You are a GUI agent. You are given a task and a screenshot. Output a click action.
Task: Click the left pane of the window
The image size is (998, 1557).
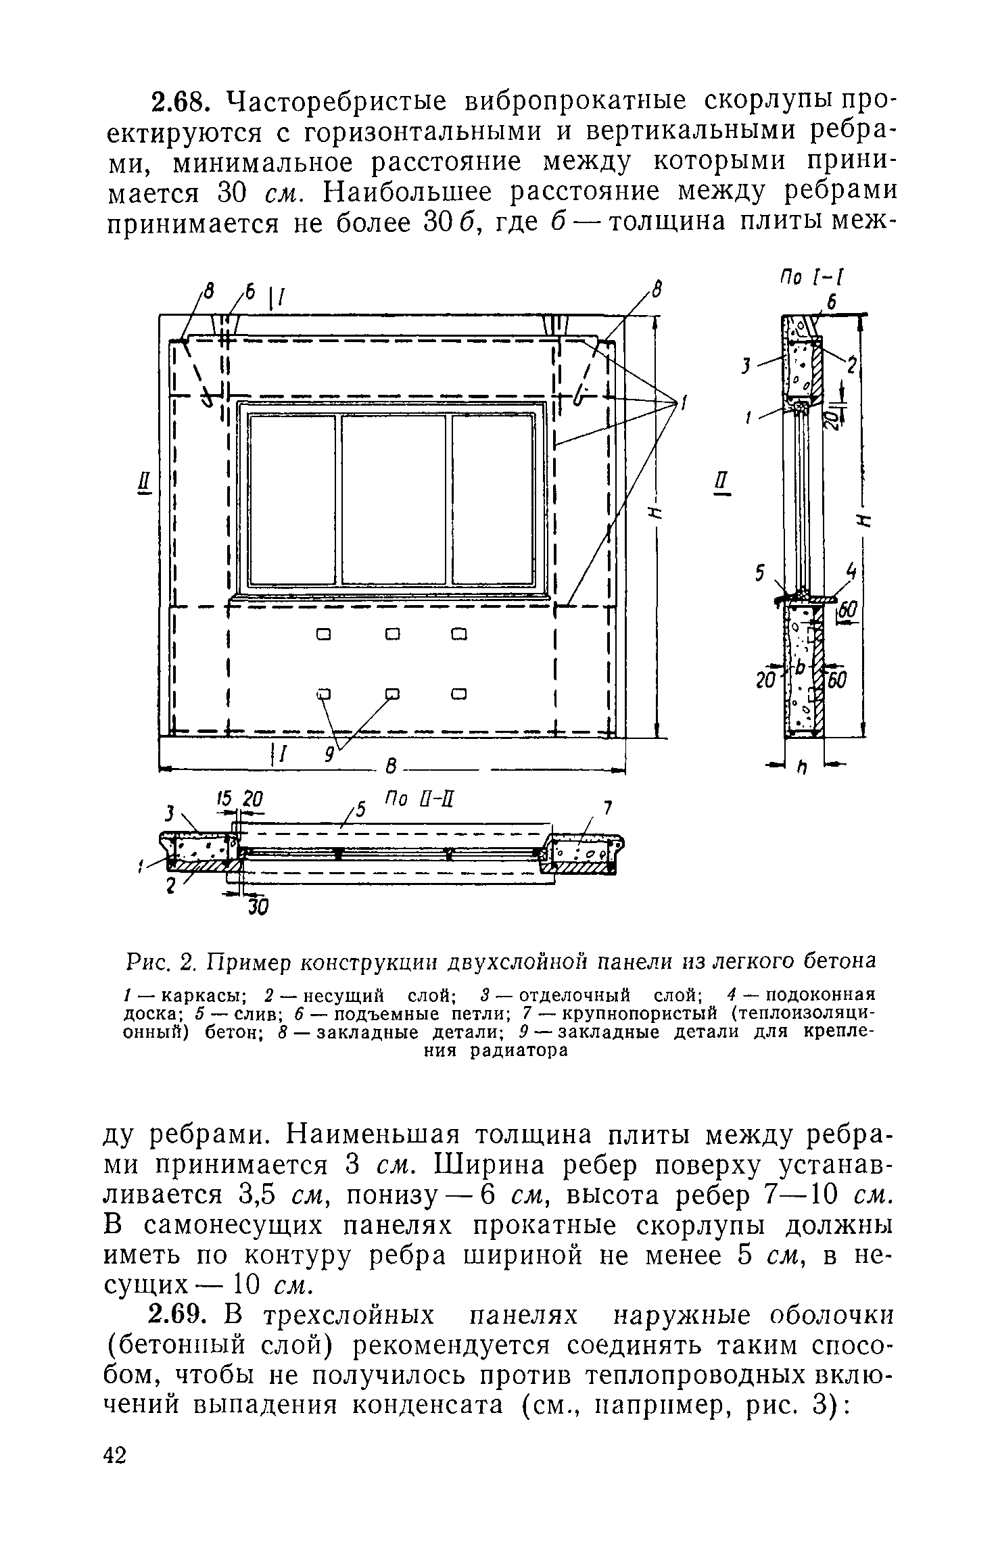click(292, 499)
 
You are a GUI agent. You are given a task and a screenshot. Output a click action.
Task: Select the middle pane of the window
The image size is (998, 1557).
click(394, 499)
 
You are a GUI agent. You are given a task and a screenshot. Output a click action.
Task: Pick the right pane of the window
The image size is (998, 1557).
click(493, 499)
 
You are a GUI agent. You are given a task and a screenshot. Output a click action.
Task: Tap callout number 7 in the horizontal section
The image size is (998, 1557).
click(607, 809)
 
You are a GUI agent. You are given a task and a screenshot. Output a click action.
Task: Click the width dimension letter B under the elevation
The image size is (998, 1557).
click(390, 767)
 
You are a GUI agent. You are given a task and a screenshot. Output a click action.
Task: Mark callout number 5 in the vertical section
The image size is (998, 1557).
click(760, 574)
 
